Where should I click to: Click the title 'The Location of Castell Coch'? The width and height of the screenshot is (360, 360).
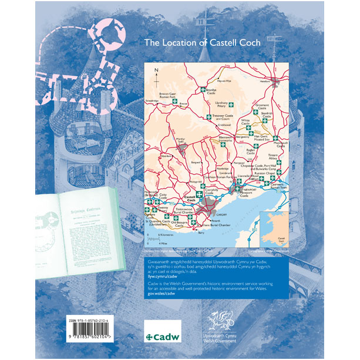(x=203, y=43)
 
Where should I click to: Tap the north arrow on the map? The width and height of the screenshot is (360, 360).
(x=157, y=72)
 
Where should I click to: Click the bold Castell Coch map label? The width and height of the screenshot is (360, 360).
(x=189, y=200)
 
